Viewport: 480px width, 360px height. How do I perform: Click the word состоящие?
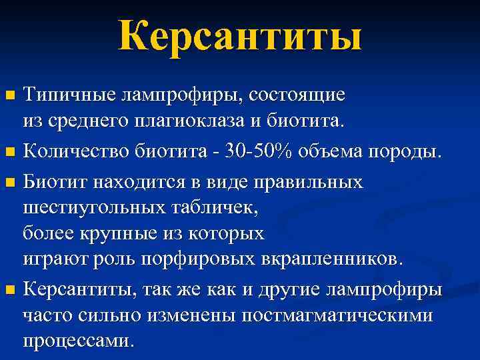tap(297, 95)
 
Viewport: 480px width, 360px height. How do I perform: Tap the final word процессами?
tap(78, 341)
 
